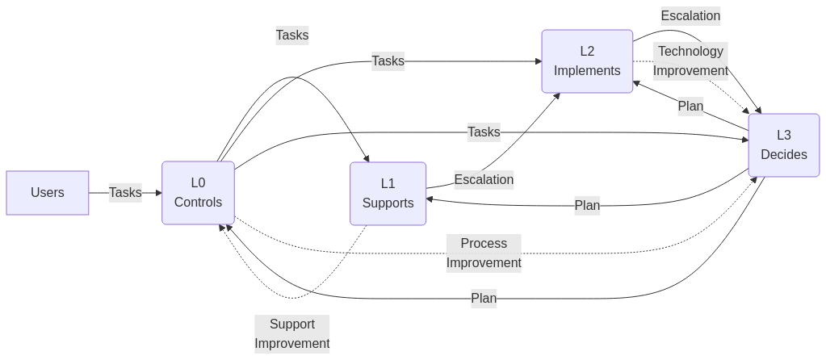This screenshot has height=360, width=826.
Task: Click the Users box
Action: point(48,193)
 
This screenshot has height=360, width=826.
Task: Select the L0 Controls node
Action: point(198,193)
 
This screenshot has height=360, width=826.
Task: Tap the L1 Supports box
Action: point(388,194)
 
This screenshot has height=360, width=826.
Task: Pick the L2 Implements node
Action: point(587,61)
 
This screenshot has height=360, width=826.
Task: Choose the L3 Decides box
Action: point(783,145)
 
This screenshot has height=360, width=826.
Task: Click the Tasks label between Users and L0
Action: point(125,192)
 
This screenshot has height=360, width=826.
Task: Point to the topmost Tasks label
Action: point(292,36)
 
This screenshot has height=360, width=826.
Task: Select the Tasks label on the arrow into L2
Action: point(388,61)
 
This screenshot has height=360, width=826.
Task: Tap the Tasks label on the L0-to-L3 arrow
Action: point(484,132)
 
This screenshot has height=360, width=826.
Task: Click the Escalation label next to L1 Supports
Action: point(484,179)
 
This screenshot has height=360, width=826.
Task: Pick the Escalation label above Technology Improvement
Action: point(690,15)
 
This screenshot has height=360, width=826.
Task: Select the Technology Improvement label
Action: point(690,61)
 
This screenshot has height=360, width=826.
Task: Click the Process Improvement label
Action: point(484,253)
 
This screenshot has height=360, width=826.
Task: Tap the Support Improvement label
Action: point(292,333)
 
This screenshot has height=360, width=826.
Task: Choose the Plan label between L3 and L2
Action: point(690,107)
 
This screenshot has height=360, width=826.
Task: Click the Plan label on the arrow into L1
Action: point(587,205)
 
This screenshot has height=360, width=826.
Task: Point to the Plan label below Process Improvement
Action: point(484,299)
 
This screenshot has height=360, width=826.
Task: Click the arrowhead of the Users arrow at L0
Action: point(158,193)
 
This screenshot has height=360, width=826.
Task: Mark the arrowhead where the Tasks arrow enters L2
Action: point(538,61)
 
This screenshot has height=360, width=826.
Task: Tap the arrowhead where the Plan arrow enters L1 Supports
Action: point(430,199)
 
